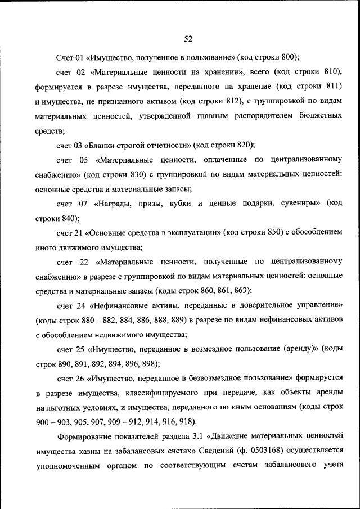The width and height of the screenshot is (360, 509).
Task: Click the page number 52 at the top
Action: [188, 38]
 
